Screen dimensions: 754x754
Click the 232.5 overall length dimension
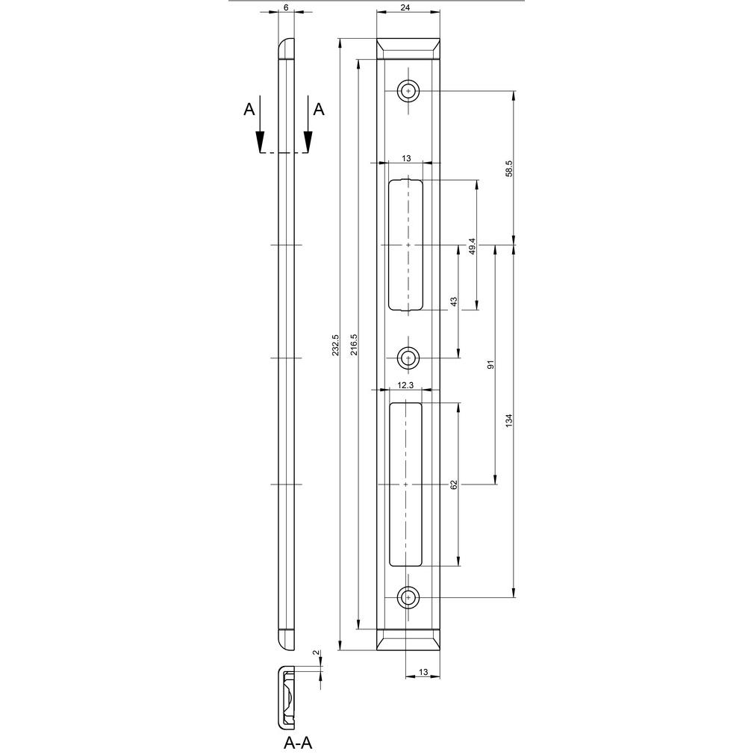[x=336, y=345]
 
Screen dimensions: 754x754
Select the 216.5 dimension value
[x=355, y=345]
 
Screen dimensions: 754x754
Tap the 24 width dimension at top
[x=408, y=7]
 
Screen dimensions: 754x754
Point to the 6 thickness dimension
[x=286, y=7]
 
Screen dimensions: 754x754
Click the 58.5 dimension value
[x=510, y=168]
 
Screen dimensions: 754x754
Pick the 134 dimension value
[x=510, y=421]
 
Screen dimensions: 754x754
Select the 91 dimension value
[x=491, y=365]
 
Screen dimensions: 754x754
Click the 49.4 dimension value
[x=473, y=246]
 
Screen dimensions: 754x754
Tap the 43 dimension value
[x=453, y=302]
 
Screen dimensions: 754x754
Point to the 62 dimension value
[x=453, y=485]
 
